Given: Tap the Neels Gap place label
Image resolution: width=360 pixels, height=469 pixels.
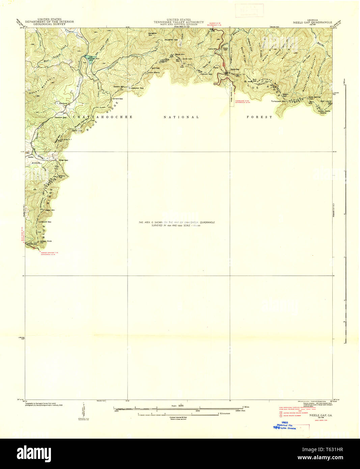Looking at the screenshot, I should [235, 70].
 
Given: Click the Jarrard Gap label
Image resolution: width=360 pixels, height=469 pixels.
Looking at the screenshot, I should [117, 99].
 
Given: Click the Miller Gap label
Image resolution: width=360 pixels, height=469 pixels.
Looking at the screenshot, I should [63, 160].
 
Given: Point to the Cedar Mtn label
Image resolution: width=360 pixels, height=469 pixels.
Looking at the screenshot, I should [51, 210].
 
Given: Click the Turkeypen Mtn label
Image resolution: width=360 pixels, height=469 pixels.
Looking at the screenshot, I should [278, 101].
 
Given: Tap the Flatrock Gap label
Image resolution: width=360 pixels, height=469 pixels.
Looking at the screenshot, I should [206, 74].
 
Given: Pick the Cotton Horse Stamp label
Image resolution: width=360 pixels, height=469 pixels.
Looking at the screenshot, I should [324, 112].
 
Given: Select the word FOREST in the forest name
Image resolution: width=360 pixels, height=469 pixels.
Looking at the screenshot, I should [259, 117].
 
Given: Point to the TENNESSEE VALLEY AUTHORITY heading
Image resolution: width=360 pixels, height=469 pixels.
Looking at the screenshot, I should [178, 22].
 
